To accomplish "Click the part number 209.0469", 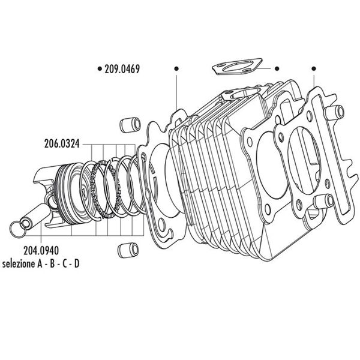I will [122, 69].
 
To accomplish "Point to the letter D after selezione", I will [76, 264].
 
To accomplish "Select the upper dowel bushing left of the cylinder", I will [127, 125].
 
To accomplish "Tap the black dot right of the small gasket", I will [277, 69].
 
